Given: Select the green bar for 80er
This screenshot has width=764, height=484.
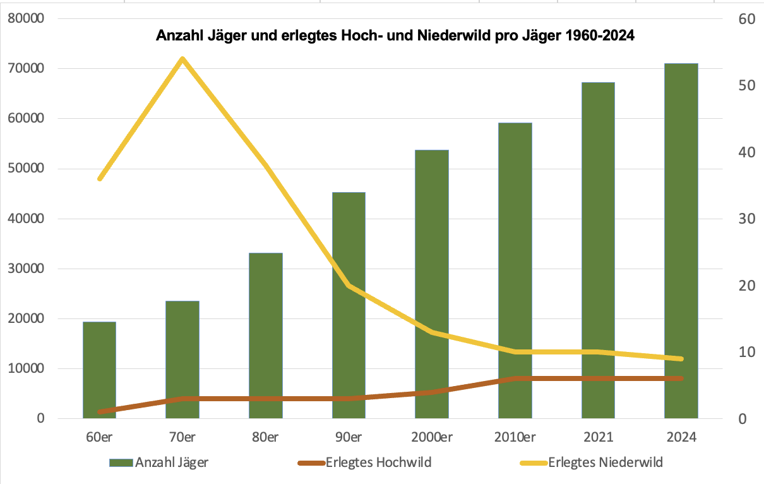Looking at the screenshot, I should (265, 335).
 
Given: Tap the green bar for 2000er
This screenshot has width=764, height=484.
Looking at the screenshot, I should (431, 284).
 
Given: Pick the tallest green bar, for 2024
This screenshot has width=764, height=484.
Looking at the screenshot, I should (681, 240).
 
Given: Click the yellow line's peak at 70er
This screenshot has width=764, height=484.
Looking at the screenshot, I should (182, 59).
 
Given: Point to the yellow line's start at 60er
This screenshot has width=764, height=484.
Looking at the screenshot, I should (100, 179).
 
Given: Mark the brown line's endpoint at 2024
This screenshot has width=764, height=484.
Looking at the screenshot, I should (681, 378).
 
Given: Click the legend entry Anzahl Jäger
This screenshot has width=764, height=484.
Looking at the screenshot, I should (171, 463).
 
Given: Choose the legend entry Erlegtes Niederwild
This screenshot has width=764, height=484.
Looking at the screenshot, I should (605, 463).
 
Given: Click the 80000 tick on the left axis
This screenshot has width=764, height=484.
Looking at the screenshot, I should (25, 18).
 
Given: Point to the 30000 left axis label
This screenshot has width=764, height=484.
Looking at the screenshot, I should (25, 269).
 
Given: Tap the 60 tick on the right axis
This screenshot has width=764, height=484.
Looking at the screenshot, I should (747, 18).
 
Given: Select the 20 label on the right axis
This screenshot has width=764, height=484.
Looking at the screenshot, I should (747, 286).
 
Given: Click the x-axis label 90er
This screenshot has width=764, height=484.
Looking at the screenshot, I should (348, 438).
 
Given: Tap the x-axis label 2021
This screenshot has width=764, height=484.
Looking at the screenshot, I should (597, 438).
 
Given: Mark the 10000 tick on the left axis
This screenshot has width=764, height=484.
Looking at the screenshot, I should (25, 368).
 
